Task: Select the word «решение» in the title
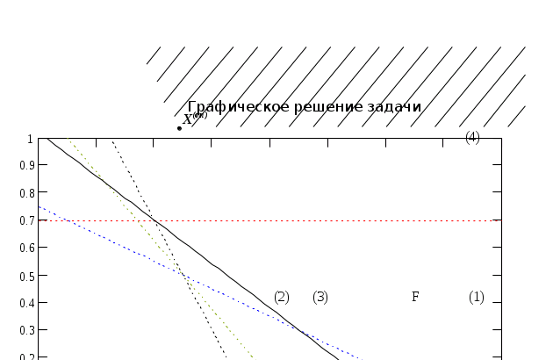pyautogui.click(x=315, y=106)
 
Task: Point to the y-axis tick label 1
pyautogui.click(x=30, y=139)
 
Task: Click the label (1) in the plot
pyautogui.click(x=476, y=297)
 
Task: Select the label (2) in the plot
pyautogui.click(x=282, y=297)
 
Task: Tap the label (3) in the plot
pyautogui.click(x=320, y=297)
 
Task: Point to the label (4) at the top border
pyautogui.click(x=472, y=136)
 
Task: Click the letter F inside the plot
pyautogui.click(x=416, y=297)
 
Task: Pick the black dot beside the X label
pyautogui.click(x=180, y=127)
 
